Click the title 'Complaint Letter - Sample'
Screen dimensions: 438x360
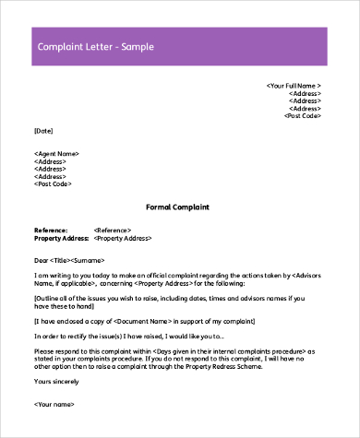pos(95,46)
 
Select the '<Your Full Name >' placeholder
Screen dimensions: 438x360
pos(294,85)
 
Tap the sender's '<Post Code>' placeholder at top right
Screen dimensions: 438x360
pos(303,116)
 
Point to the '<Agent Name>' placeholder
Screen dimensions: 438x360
pos(56,153)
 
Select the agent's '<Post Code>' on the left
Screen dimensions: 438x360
pos(53,184)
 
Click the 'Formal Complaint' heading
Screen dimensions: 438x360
pos(178,207)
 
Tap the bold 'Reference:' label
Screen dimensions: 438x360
pos(51,229)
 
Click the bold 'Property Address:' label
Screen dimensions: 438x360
pos(61,237)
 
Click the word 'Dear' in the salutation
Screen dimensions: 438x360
pos(42,260)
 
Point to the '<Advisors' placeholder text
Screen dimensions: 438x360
pos(306,275)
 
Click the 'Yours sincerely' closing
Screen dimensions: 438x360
pos(57,382)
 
